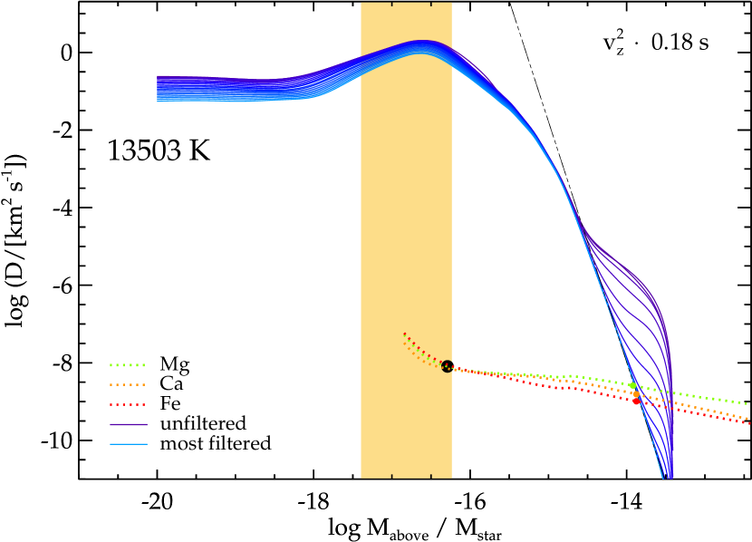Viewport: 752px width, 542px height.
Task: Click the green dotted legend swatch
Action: pyautogui.click(x=128, y=365)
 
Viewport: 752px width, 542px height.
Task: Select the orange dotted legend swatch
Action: pyautogui.click(x=128, y=385)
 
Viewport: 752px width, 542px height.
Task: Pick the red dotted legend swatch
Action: pyautogui.click(x=128, y=405)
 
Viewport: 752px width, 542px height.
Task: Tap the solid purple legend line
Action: pyautogui.click(x=128, y=424)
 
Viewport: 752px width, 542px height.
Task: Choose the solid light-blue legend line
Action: pyautogui.click(x=128, y=444)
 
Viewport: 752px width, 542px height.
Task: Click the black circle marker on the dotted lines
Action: pyautogui.click(x=447, y=366)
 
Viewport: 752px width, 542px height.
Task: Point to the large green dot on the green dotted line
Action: pyautogui.click(x=632, y=386)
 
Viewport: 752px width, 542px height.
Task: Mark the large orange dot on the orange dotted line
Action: pyautogui.click(x=635, y=394)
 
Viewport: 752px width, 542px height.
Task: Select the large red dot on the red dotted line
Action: pyautogui.click(x=636, y=402)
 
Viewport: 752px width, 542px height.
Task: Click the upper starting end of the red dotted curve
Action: pyautogui.click(x=404, y=334)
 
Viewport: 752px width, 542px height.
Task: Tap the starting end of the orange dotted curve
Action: pyautogui.click(x=404, y=344)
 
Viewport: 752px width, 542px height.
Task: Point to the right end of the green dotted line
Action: pyautogui.click(x=747, y=403)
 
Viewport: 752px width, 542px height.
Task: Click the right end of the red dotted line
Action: pyautogui.click(x=749, y=423)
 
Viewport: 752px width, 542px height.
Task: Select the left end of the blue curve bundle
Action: pyautogui.click(x=159, y=89)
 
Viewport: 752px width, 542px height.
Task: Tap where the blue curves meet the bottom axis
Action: pyautogui.click(x=668, y=477)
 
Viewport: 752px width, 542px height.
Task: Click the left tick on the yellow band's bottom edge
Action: pyautogui.click(x=391, y=475)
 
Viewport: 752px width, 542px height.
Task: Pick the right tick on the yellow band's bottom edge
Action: pyautogui.click(x=430, y=475)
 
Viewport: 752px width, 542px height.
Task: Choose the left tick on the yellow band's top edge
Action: pyautogui.click(x=391, y=5)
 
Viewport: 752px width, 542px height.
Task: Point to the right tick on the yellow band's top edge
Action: pyautogui.click(x=430, y=5)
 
